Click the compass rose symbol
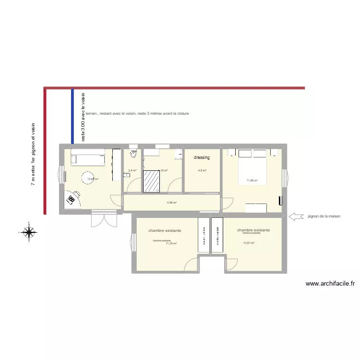coord(29,232)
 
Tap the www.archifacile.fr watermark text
coord(330,284)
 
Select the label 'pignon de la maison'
coord(324,216)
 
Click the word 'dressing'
coord(202,157)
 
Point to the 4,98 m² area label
coord(172,203)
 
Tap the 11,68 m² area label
coord(252,181)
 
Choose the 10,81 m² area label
coord(249,243)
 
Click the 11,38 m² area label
coord(171,243)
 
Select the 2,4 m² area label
coord(132,170)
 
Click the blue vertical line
coord(72,116)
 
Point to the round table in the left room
coord(89,179)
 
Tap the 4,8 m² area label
coord(203,170)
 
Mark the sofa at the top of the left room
coord(88,156)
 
